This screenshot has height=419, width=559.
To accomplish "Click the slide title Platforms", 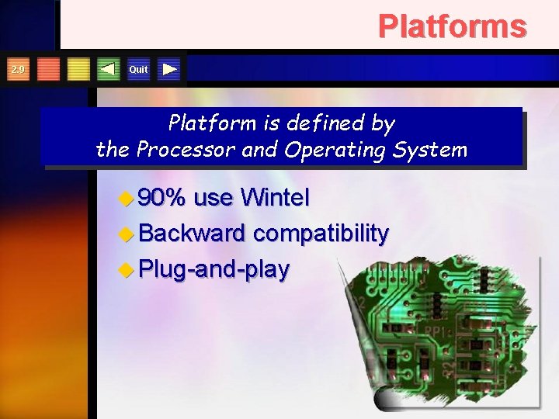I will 452,26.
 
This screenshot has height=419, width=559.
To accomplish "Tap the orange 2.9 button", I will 17,70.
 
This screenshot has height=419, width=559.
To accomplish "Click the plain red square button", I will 48,70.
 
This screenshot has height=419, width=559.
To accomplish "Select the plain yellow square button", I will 78,70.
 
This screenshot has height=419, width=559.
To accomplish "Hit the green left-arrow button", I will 109,70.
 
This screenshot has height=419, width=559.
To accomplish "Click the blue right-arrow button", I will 170,70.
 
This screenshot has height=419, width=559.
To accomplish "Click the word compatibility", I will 321,234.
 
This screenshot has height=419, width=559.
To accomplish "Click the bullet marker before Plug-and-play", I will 127,270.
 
